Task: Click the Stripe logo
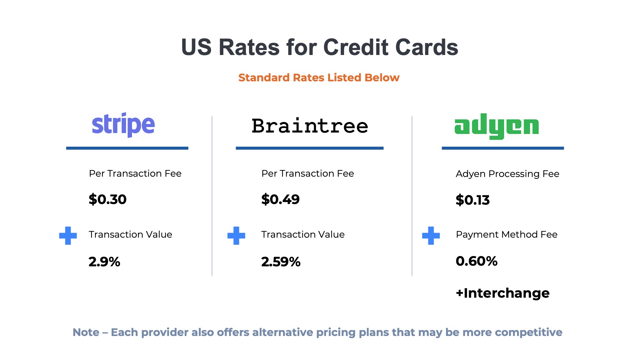tap(123, 125)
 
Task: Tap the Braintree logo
tap(310, 126)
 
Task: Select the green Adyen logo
tap(496, 127)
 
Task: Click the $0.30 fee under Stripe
tap(107, 199)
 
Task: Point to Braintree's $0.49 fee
tap(280, 199)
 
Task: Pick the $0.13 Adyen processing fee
tap(472, 200)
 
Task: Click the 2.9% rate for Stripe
tap(104, 262)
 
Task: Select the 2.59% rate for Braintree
tap(281, 262)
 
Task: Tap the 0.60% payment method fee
tap(476, 261)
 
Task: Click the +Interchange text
tap(502, 293)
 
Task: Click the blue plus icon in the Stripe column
tap(68, 236)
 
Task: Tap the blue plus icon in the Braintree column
tap(236, 236)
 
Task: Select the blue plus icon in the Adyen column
tap(431, 236)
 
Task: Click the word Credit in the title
tap(356, 47)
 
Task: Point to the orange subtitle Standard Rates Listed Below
tap(319, 78)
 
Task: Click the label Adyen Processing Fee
tap(507, 174)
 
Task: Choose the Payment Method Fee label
tap(506, 234)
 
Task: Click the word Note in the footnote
tap(86, 332)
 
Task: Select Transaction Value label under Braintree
tap(303, 234)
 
